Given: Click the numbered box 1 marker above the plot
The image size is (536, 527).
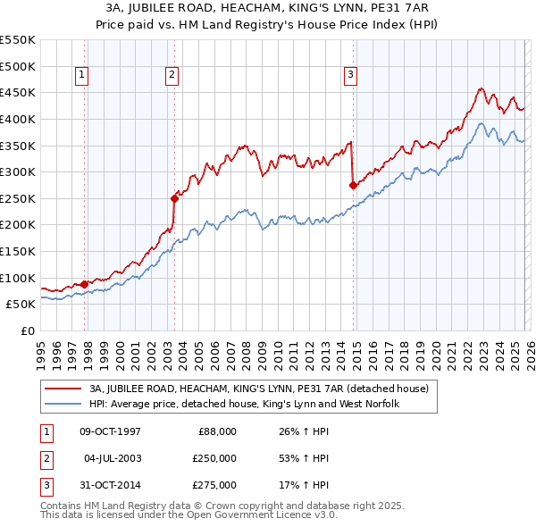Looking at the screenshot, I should coord(82,76).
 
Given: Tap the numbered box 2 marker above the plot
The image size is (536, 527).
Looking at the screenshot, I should coord(171,76).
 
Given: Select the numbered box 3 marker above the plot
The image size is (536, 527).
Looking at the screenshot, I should coord(351,76).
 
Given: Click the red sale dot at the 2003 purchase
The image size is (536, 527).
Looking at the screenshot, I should coord(174,198).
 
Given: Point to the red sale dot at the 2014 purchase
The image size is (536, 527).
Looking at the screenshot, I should coord(353,185).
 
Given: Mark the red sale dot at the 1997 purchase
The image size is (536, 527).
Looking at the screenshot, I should coord(85,284).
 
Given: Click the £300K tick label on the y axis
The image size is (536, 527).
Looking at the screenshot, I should coord(17,171).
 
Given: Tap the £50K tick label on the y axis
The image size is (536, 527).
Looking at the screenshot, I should coord(21,304).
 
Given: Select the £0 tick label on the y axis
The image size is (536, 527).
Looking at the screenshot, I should coord(27,330).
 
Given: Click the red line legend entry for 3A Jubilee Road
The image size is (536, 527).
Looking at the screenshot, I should coord(259,389).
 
